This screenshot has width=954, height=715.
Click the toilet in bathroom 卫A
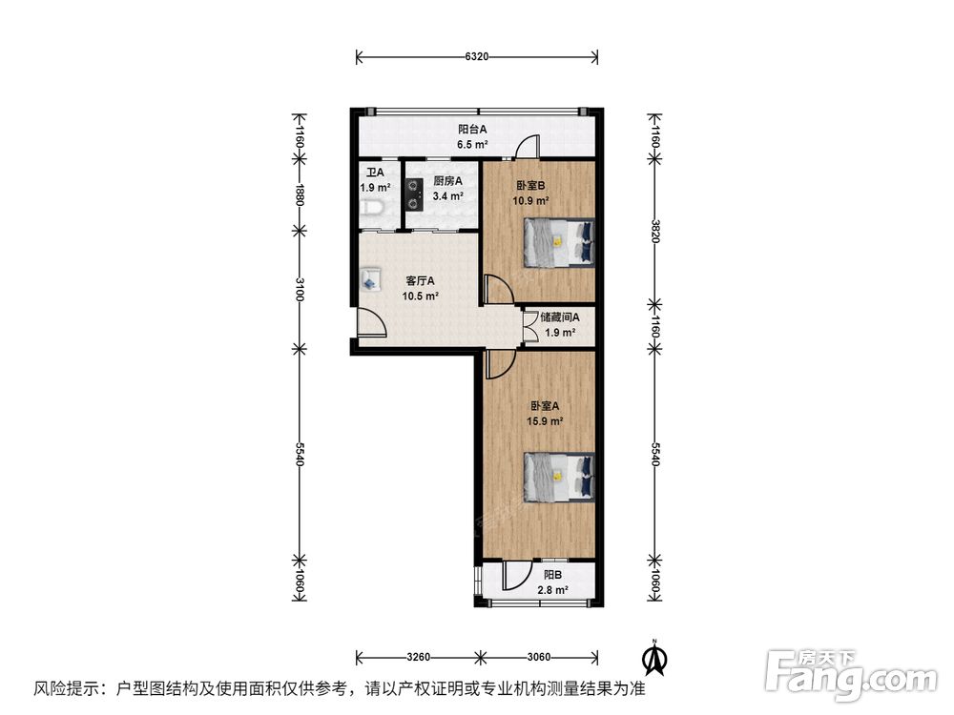pyautogui.click(x=372, y=209)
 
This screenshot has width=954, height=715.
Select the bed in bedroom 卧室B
pyautogui.click(x=559, y=242)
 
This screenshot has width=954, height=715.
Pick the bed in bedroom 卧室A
pyautogui.click(x=559, y=478)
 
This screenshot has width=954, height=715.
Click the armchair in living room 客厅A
pyautogui.click(x=370, y=279)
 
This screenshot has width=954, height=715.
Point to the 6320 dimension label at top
pyautogui.click(x=476, y=56)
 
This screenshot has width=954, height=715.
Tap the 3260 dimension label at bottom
pyautogui.click(x=418, y=657)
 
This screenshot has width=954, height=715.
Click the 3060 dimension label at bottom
pyautogui.click(x=538, y=657)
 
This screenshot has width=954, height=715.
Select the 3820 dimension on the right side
pyautogui.click(x=654, y=231)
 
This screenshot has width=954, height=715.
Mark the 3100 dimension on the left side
pyautogui.click(x=299, y=290)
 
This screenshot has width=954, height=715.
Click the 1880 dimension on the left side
pyautogui.click(x=299, y=194)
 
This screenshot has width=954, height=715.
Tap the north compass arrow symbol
pyautogui.click(x=655, y=658)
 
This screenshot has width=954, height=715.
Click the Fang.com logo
pyautogui.click(x=851, y=675)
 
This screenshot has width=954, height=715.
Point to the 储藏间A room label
pyautogui.click(x=560, y=317)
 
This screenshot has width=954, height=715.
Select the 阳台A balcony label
pyautogui.click(x=472, y=129)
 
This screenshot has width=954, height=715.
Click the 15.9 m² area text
pyautogui.click(x=545, y=420)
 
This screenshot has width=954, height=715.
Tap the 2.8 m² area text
pyautogui.click(x=553, y=589)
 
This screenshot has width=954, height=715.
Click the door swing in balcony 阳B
pyautogui.click(x=517, y=575)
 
